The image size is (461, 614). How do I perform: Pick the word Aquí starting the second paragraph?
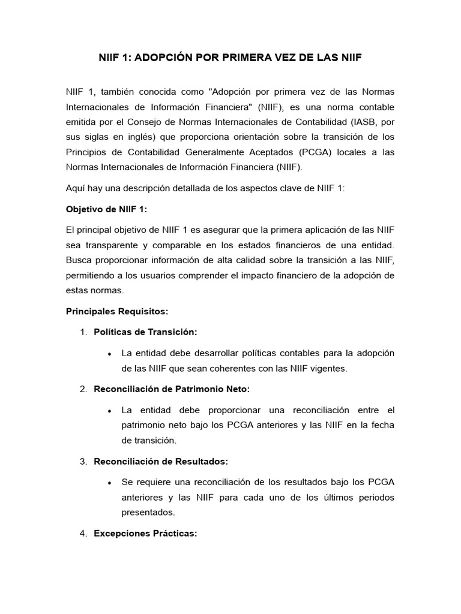tap(76, 188)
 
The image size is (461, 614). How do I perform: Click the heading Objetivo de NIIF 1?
tap(106, 209)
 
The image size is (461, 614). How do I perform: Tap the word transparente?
tap(130, 246)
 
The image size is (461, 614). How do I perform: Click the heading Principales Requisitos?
tap(116, 312)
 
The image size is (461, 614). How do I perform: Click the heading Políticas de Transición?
tap(145, 332)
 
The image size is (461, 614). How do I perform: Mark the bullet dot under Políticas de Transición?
tap(109, 353)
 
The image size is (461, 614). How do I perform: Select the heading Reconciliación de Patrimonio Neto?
tap(172, 389)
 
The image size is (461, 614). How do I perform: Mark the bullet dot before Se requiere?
tap(109, 482)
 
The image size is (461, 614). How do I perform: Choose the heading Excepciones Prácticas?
tap(145, 532)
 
